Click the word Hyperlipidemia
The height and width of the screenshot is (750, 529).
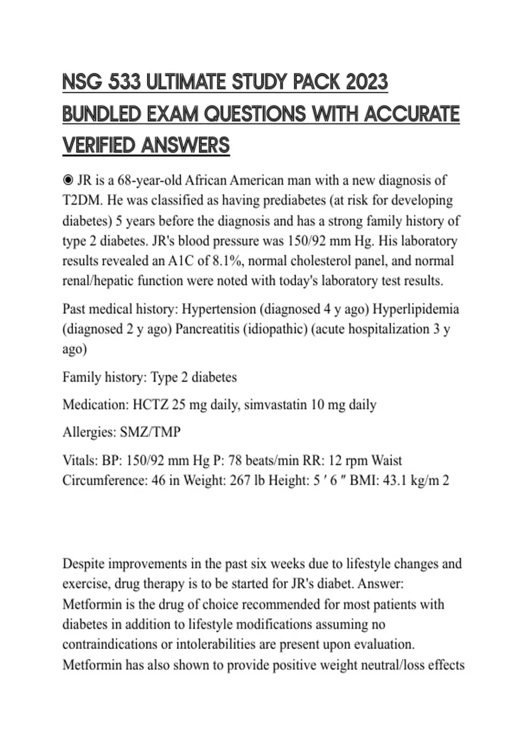point(416,309)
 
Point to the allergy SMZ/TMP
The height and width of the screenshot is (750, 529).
point(150,432)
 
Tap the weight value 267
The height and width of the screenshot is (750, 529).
point(238,480)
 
